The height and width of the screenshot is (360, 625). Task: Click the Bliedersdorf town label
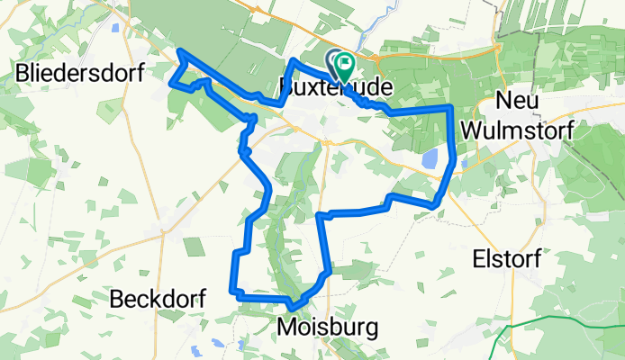[80, 74]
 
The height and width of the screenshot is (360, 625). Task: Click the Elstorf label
[507, 259]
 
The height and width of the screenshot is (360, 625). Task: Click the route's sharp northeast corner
[449, 107]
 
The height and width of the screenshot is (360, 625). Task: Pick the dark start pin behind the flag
[336, 61]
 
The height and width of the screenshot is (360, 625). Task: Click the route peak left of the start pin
[294, 60]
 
